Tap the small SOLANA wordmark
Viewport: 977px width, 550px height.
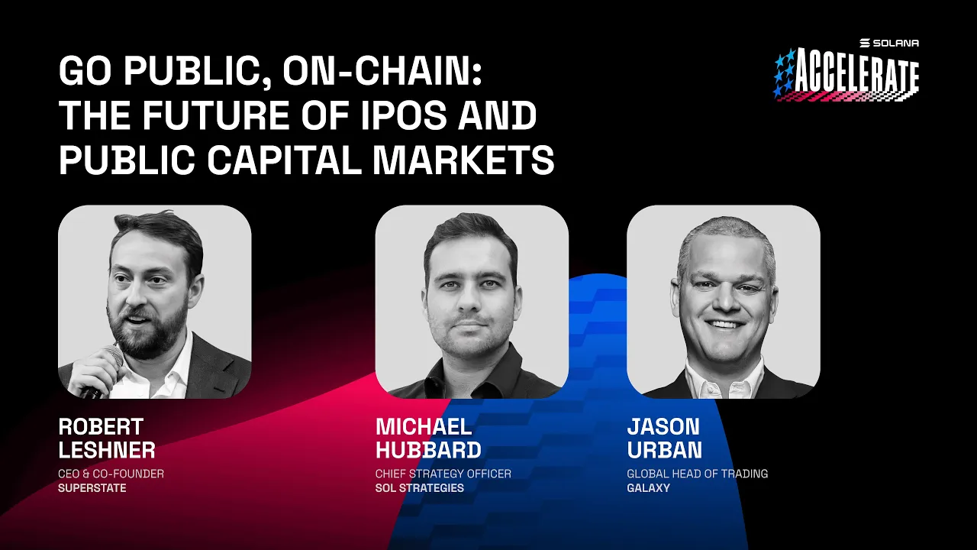point(895,43)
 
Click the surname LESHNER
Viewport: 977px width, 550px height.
point(107,450)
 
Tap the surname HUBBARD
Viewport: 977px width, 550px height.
point(428,450)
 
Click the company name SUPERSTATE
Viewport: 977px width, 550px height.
point(92,488)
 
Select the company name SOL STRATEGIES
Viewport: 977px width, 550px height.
point(419,488)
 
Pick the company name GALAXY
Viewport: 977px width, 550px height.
point(648,488)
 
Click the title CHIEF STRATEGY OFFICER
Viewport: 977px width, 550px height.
point(443,474)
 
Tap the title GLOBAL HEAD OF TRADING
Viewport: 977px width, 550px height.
point(697,474)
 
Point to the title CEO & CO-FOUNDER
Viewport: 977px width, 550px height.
point(111,474)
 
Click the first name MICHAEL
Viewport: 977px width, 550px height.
point(424,426)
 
